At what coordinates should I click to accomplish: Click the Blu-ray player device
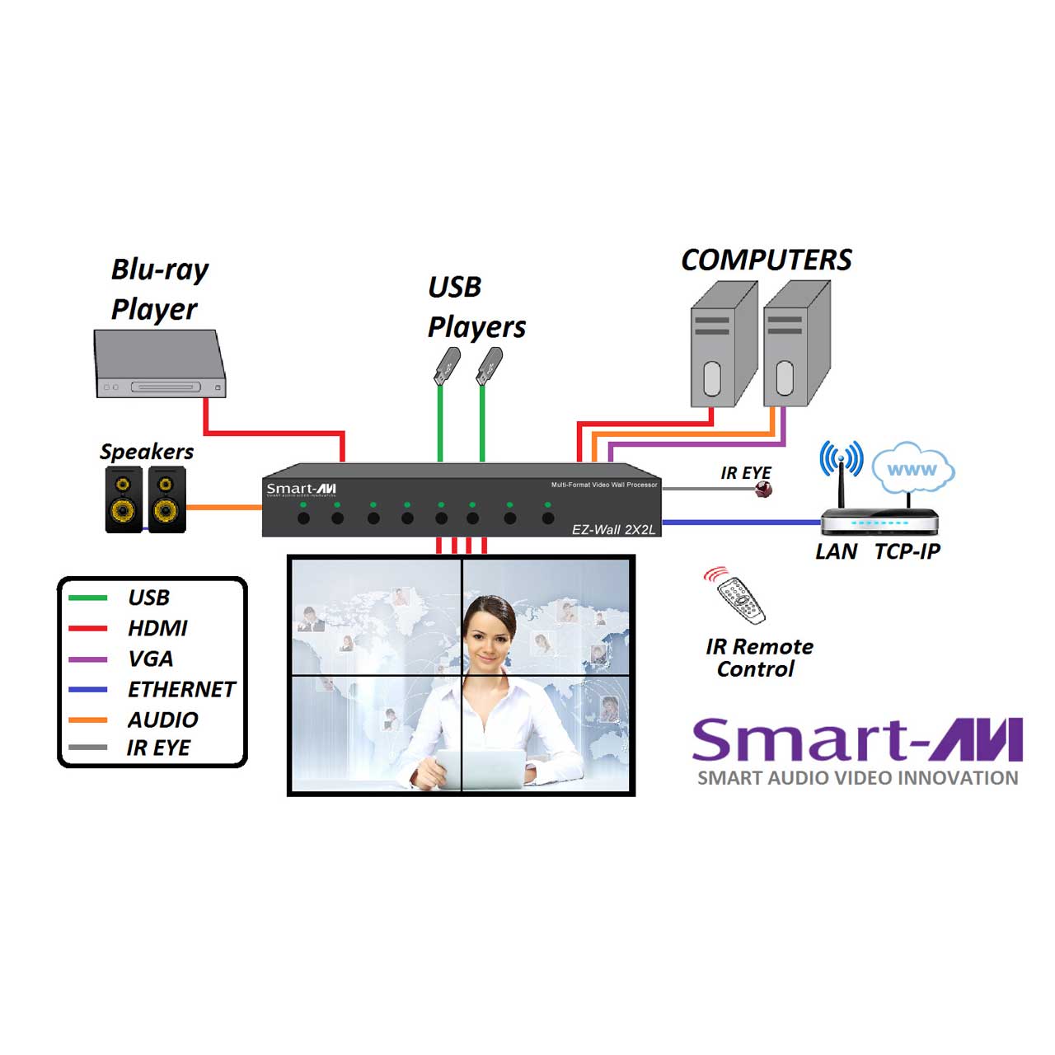(x=160, y=365)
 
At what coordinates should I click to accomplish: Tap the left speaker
(x=124, y=499)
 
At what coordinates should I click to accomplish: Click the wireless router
(x=879, y=521)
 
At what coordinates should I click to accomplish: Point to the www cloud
(x=912, y=469)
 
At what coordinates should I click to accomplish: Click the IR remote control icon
(x=740, y=598)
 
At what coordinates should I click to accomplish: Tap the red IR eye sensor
(x=765, y=490)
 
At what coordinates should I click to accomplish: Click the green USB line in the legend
(x=87, y=598)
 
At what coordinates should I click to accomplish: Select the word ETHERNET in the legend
(x=181, y=689)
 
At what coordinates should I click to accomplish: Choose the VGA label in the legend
(x=150, y=659)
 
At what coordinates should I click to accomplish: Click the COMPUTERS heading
(x=766, y=260)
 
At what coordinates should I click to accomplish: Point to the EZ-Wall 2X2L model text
(x=613, y=529)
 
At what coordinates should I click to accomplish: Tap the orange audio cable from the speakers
(x=223, y=507)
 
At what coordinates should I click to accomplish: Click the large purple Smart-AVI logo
(x=857, y=739)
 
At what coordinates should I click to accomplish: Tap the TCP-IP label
(x=907, y=551)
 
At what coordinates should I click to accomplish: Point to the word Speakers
(x=147, y=452)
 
